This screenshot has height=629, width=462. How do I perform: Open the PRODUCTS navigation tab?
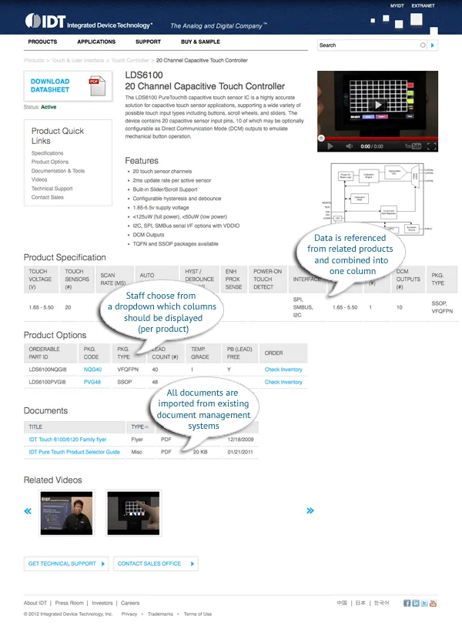pyautogui.click(x=42, y=42)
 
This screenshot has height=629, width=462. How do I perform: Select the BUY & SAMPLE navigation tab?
pyautogui.click(x=200, y=42)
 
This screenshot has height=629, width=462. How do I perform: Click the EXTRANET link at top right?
pyautogui.click(x=423, y=5)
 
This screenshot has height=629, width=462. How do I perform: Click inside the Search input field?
pyautogui.click(x=368, y=45)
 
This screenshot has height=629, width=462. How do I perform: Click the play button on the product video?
pyautogui.click(x=377, y=105)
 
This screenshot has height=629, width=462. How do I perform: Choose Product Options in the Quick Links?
pyautogui.click(x=50, y=162)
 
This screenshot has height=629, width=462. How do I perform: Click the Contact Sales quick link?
pyautogui.click(x=48, y=197)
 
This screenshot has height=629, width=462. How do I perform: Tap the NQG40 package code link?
pyautogui.click(x=92, y=370)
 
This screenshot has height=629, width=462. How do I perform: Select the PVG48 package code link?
pyautogui.click(x=92, y=382)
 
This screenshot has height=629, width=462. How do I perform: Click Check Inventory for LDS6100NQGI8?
pyautogui.click(x=283, y=370)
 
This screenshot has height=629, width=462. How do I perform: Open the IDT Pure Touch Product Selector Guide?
pyautogui.click(x=74, y=452)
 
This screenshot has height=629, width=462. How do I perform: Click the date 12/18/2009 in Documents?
pyautogui.click(x=241, y=439)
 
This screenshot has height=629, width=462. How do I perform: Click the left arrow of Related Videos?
pyautogui.click(x=28, y=511)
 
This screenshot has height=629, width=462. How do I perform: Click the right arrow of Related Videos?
pyautogui.click(x=310, y=510)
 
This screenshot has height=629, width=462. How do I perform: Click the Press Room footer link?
pyautogui.click(x=70, y=603)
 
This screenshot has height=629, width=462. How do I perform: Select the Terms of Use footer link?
pyautogui.click(x=197, y=614)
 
